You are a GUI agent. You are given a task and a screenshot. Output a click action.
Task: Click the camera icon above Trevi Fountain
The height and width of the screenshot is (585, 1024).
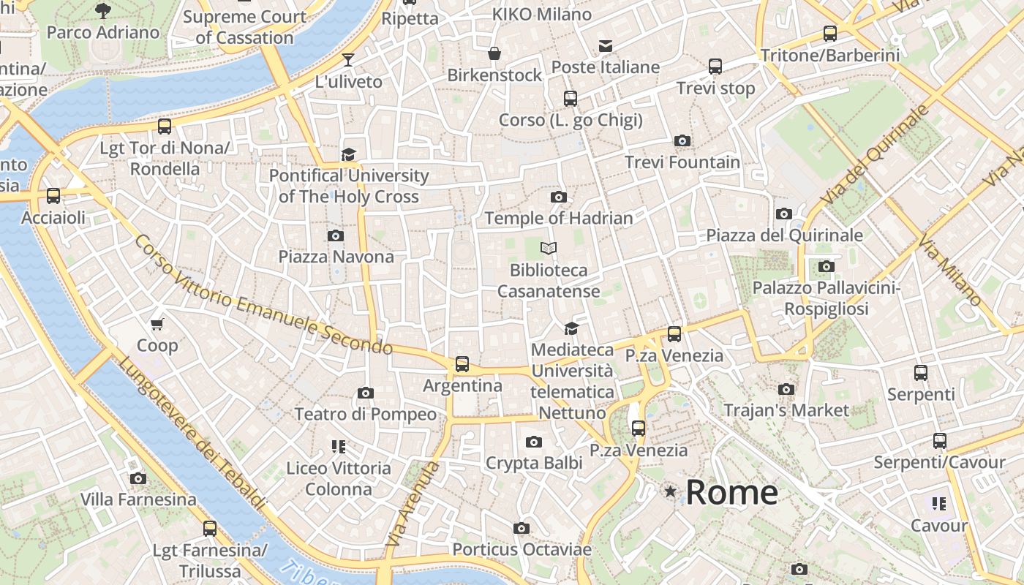pos(682,140)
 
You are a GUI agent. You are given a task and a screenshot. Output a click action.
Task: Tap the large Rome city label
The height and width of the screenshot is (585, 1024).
pos(731,492)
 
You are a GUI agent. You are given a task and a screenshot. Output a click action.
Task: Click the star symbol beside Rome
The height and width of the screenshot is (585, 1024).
pos(670,491)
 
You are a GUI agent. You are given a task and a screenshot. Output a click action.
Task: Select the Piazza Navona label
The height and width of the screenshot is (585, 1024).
pos(336,257)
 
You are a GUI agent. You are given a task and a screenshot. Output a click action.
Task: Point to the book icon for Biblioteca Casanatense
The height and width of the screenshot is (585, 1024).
pos(549,249)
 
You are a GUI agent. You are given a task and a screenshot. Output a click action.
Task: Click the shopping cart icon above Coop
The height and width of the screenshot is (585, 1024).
pos(157,324)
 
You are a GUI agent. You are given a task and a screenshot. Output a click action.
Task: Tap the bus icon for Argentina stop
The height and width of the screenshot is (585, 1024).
pos(462,363)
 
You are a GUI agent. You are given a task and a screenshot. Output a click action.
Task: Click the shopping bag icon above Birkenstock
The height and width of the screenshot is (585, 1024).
pos(494,53)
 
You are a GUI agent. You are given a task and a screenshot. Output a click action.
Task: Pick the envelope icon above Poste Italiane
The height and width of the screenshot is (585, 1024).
pos(606,46)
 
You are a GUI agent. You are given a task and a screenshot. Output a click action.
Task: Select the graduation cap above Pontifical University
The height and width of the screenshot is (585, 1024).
pos(348,154)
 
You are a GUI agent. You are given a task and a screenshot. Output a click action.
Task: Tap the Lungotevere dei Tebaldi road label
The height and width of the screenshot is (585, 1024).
pos(192,433)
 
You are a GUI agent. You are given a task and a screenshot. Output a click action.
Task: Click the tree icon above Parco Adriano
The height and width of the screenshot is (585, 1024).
pos(103,10)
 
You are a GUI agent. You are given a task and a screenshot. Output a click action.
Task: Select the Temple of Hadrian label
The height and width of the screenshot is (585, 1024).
pos(559,218)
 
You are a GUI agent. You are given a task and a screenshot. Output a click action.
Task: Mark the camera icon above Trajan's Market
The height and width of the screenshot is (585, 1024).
pos(786,389)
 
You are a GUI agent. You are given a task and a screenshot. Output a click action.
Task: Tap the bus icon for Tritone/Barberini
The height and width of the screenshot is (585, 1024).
pos(830,33)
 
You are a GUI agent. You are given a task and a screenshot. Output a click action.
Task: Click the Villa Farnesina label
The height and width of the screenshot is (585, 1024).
pos(138,499)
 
